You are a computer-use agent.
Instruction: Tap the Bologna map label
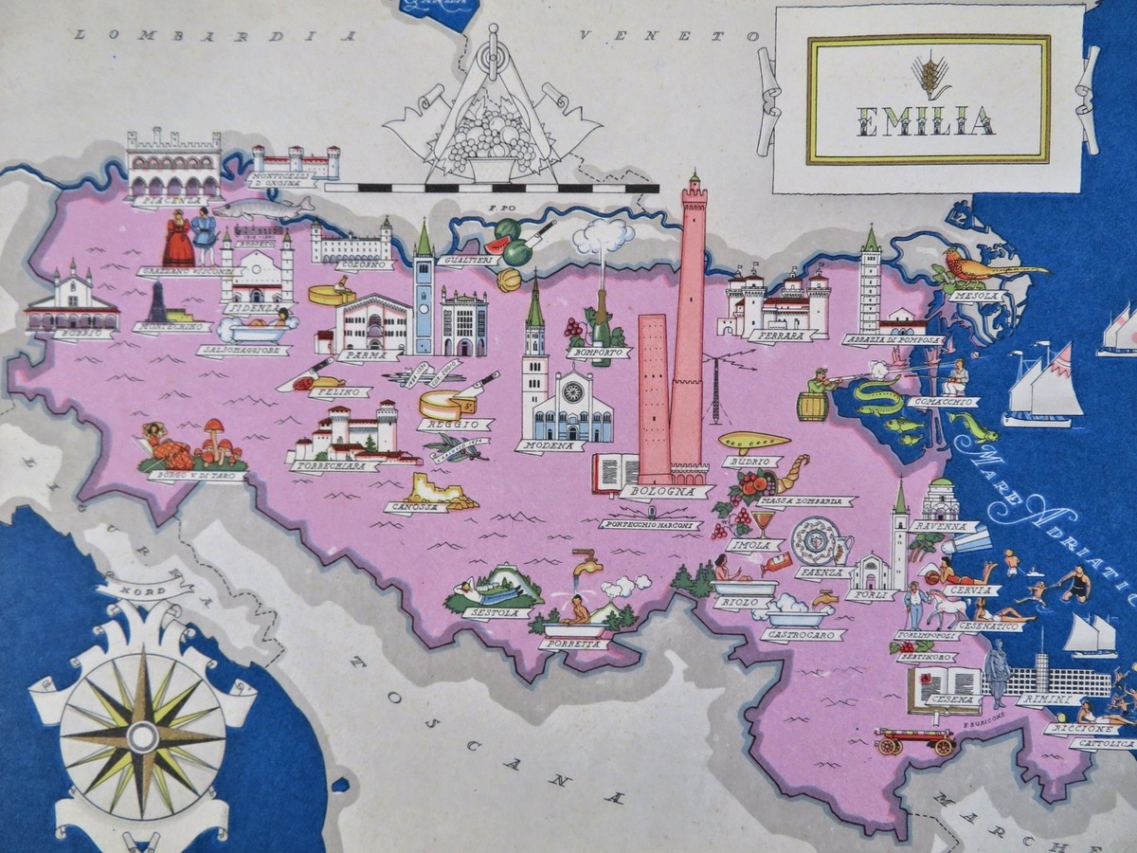tap(667, 492)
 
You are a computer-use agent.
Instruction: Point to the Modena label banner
tap(550, 445)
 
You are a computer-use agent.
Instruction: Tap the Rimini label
tap(1046, 700)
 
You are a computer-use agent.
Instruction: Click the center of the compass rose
tap(142, 736)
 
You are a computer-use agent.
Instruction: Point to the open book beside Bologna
tap(615, 471)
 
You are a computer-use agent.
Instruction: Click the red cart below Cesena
tap(914, 740)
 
